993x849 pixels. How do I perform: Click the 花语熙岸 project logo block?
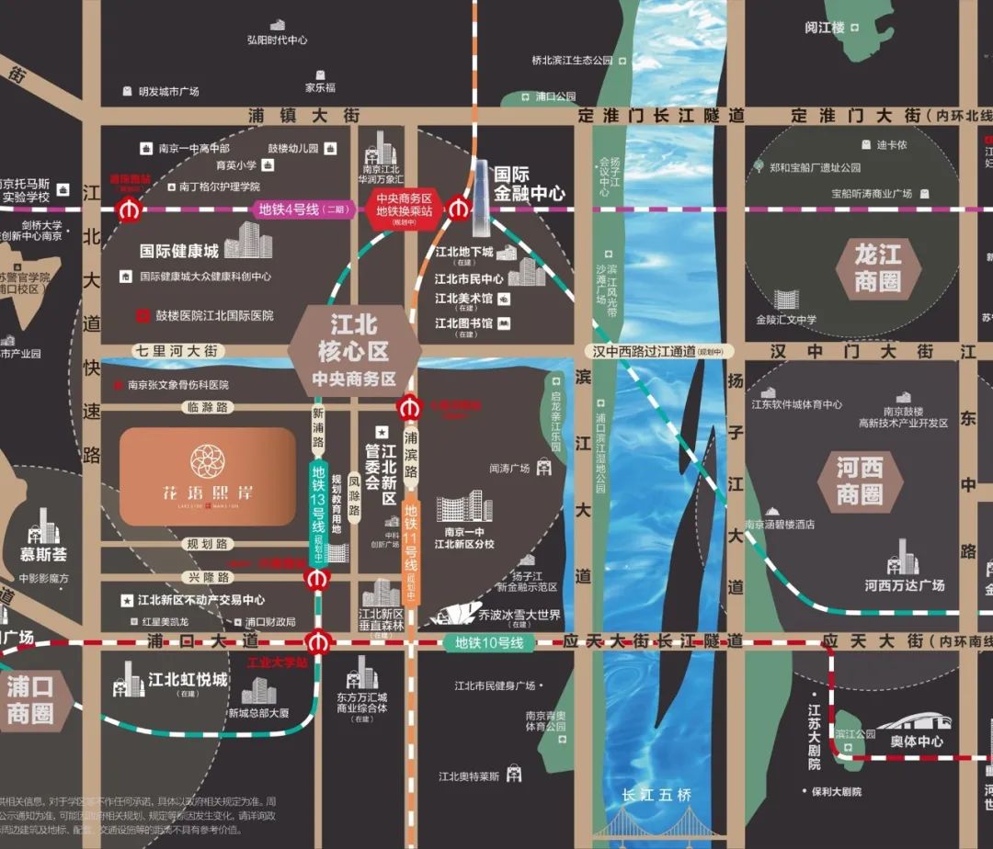(x=207, y=476)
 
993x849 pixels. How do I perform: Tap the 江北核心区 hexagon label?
(x=354, y=350)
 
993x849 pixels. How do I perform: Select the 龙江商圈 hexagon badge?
(x=878, y=266)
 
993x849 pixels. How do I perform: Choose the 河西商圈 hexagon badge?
(x=860, y=481)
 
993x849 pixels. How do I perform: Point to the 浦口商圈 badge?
(x=29, y=699)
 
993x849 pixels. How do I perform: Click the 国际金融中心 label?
(x=529, y=183)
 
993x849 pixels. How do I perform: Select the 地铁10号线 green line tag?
(x=489, y=643)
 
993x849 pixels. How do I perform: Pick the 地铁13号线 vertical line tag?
(x=318, y=503)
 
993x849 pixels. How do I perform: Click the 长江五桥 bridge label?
(x=656, y=795)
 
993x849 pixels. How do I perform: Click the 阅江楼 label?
(x=825, y=28)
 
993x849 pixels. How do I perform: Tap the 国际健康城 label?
(x=179, y=250)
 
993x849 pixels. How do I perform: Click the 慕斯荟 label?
(x=44, y=555)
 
